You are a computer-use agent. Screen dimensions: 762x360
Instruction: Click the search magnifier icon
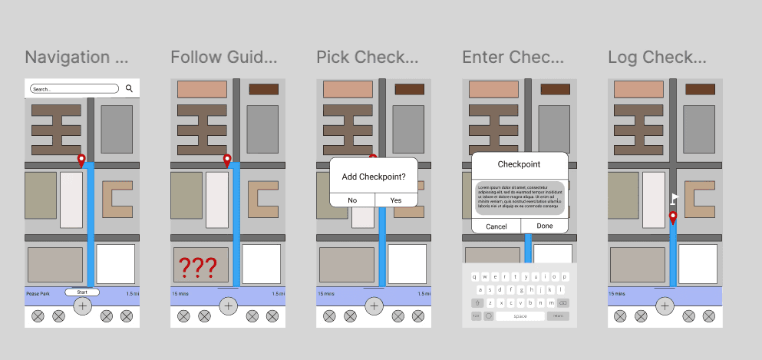[x=129, y=89]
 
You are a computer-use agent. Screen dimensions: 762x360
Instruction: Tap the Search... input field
[x=74, y=89]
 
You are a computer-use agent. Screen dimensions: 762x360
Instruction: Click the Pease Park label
[x=38, y=293]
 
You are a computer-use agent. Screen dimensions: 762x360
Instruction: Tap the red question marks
[x=198, y=268]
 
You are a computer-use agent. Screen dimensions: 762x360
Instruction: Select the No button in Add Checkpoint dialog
[x=352, y=200]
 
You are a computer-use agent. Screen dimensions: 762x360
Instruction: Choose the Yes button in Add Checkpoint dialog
[x=396, y=200]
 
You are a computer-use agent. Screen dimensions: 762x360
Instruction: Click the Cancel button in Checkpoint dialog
[x=496, y=226]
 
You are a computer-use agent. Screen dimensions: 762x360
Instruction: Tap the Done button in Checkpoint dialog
[x=545, y=226]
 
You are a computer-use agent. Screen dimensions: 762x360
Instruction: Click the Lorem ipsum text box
[x=520, y=197]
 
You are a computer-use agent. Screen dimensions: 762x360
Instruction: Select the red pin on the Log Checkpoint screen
[x=672, y=218]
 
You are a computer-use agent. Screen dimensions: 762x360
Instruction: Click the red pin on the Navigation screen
[x=81, y=160]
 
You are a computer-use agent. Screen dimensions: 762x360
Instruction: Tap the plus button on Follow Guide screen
[x=228, y=306]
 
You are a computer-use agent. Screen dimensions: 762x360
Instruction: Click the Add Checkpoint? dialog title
[x=374, y=177]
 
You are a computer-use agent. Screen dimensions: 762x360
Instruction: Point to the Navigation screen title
[x=78, y=58]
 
